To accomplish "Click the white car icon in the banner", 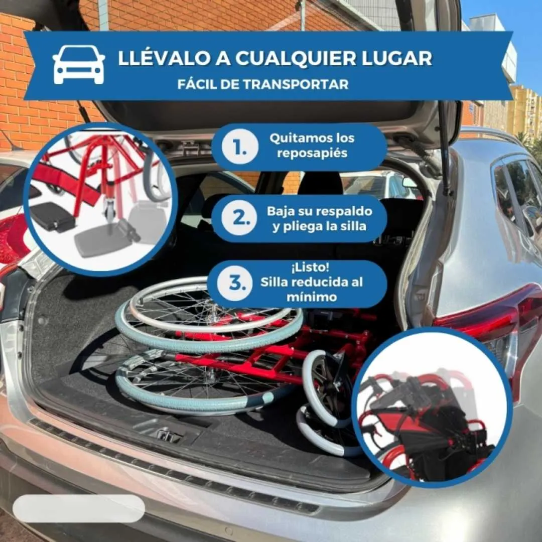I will (x=79, y=65).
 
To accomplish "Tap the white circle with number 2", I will (x=240, y=219).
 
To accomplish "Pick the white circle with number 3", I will (x=235, y=284).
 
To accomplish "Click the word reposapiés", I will (x=313, y=154).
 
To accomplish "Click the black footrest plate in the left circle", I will (x=52, y=216).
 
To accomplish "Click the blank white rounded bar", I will (x=79, y=508).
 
